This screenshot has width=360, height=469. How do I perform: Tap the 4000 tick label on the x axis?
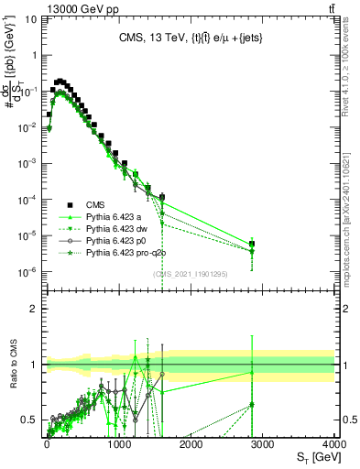(x=333, y=443)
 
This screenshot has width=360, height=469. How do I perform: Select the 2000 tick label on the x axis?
(x=191, y=443)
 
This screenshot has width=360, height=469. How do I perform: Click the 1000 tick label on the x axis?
(x=119, y=443)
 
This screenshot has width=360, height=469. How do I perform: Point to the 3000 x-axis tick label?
(x=262, y=443)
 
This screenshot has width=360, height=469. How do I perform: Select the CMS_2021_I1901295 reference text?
(x=190, y=274)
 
